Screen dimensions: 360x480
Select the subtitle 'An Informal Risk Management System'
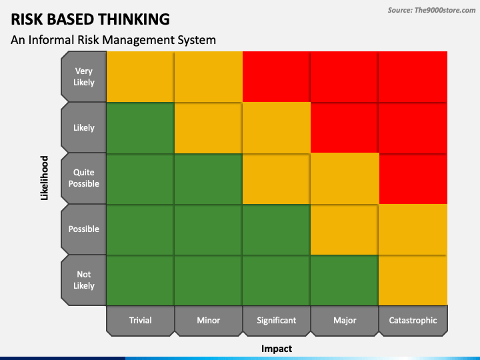(113, 40)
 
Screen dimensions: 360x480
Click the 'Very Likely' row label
(84, 77)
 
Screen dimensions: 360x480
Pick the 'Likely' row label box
(84, 127)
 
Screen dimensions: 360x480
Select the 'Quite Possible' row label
(84, 178)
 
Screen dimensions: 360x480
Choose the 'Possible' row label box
(84, 229)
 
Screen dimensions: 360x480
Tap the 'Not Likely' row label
(84, 279)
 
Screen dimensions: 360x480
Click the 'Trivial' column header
(141, 320)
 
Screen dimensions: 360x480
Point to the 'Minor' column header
(209, 320)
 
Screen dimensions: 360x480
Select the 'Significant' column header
(277, 320)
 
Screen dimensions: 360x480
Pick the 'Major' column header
(345, 320)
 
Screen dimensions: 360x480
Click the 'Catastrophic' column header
(413, 320)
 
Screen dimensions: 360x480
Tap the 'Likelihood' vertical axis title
(45, 178)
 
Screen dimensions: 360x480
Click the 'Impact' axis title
(277, 348)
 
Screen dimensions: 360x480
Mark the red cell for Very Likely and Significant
(277, 77)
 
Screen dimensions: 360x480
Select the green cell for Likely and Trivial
(141, 127)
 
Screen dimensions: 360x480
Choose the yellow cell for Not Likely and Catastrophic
(413, 279)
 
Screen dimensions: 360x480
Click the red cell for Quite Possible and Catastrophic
(413, 178)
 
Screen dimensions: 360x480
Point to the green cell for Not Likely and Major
(345, 279)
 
